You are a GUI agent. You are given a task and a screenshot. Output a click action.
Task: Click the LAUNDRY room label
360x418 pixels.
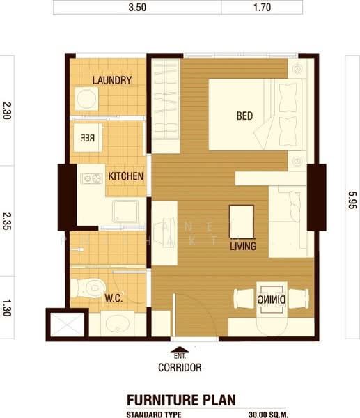pos(111,80)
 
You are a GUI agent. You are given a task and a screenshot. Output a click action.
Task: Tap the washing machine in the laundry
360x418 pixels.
pos(87,99)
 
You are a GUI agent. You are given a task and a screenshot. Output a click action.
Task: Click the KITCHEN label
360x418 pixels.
pos(125,176)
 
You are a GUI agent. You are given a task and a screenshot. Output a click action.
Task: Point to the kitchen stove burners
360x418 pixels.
pos(91,178)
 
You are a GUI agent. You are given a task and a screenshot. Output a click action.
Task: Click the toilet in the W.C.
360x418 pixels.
pos(86,286)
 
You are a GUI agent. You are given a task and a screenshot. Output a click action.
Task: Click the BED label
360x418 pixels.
pos(244,116)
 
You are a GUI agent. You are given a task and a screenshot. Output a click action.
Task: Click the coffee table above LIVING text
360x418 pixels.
pos(242,221)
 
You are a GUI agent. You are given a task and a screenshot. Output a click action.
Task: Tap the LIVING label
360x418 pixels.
pos(243,246)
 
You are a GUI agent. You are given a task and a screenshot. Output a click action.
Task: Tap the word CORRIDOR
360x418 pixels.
pos(180,367)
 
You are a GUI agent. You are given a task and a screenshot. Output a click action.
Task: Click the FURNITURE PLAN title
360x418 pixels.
pos(180,400)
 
